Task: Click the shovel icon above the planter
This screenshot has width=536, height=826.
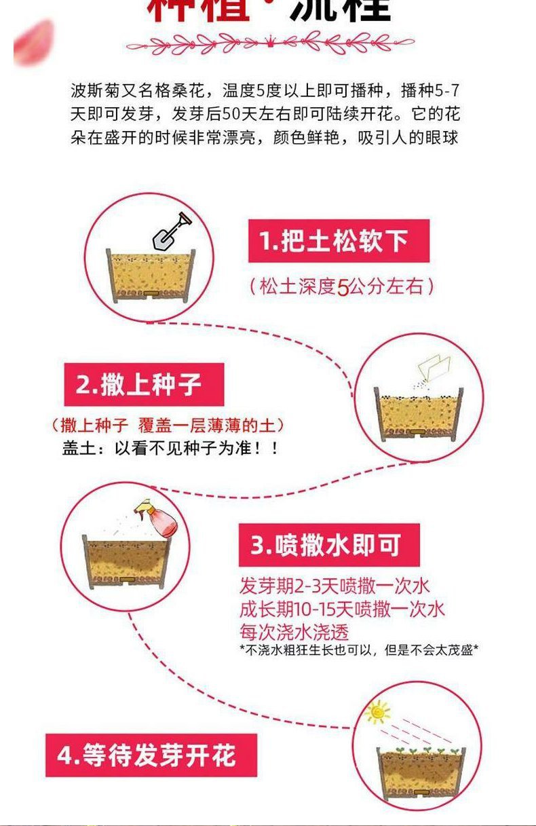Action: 171,231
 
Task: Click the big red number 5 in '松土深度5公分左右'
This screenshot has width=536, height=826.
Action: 343,287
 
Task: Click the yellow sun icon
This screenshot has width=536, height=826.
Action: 377,712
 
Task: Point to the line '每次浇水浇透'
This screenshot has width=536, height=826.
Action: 294,632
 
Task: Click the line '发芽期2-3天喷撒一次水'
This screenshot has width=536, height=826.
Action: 334,586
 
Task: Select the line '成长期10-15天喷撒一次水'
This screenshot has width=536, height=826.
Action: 342,609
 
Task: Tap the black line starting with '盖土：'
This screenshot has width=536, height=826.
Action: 170,449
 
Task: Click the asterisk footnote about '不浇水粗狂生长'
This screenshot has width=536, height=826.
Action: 359,650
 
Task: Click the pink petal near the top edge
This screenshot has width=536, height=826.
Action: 34,42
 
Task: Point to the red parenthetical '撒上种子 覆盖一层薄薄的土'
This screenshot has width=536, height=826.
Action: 168,426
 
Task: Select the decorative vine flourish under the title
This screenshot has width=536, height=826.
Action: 269,45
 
